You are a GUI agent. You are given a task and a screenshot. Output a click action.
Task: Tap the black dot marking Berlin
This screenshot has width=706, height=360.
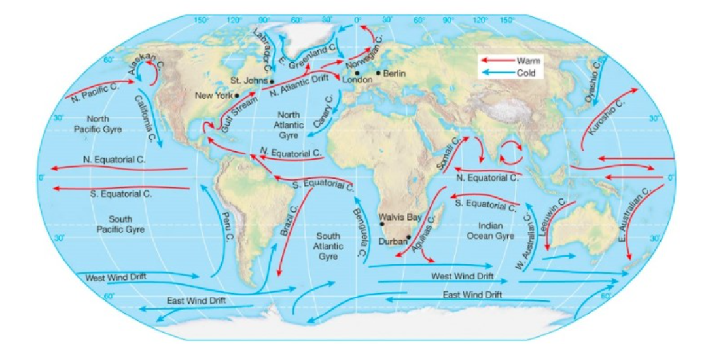(378, 73)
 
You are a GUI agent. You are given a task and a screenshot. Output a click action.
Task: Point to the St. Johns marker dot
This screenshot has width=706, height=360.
(271, 81)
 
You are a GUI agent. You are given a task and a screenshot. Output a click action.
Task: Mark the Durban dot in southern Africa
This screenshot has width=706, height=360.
(408, 237)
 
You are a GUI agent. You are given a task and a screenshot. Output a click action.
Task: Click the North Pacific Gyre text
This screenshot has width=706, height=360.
(98, 124)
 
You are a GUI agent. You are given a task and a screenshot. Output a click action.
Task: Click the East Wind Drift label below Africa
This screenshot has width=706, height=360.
(472, 295)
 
